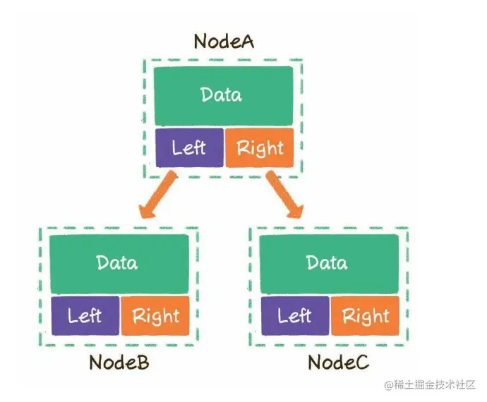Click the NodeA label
pyautogui.click(x=224, y=41)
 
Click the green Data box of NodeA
pyautogui.click(x=222, y=95)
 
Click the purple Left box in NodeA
pyautogui.click(x=188, y=148)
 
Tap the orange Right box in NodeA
pyautogui.click(x=259, y=148)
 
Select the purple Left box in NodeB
pyautogui.click(x=85, y=315)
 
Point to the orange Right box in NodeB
pyautogui.click(x=155, y=315)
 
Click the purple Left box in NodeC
pyautogui.click(x=294, y=315)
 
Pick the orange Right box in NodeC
pyautogui.click(x=366, y=315)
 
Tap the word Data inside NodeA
pyautogui.click(x=221, y=95)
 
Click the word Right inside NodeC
pyautogui.click(x=366, y=316)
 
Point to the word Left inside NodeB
pyautogui.click(x=85, y=315)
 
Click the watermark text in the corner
pyautogui.click(x=430, y=386)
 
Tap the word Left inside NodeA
pyautogui.click(x=188, y=148)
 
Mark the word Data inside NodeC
pyautogui.click(x=327, y=263)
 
